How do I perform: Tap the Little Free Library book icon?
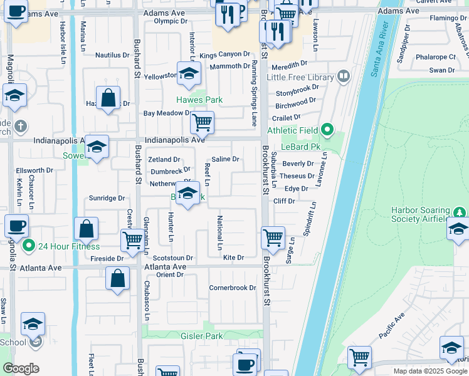point(343,77)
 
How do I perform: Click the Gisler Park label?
point(202,337)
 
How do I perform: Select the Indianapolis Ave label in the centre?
point(175,140)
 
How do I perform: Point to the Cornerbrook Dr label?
point(233,288)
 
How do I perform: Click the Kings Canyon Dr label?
point(224,55)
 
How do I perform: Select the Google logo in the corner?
point(21,368)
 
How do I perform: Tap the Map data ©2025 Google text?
point(430,371)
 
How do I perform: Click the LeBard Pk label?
point(301,147)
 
